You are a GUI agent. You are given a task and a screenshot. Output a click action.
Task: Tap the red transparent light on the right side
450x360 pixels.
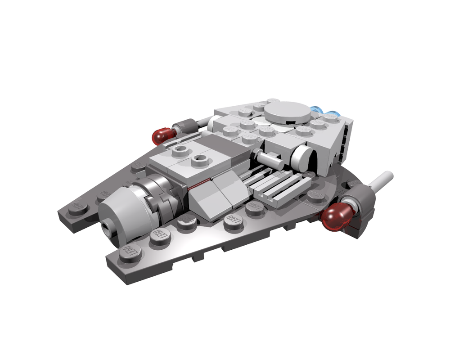tap(337, 215)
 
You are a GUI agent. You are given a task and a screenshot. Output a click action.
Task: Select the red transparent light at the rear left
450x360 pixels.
tap(163, 135)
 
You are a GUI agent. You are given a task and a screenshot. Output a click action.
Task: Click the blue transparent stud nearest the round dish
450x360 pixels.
tap(317, 110)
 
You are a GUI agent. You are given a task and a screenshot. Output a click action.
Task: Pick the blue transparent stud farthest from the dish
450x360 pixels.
tap(333, 114)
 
